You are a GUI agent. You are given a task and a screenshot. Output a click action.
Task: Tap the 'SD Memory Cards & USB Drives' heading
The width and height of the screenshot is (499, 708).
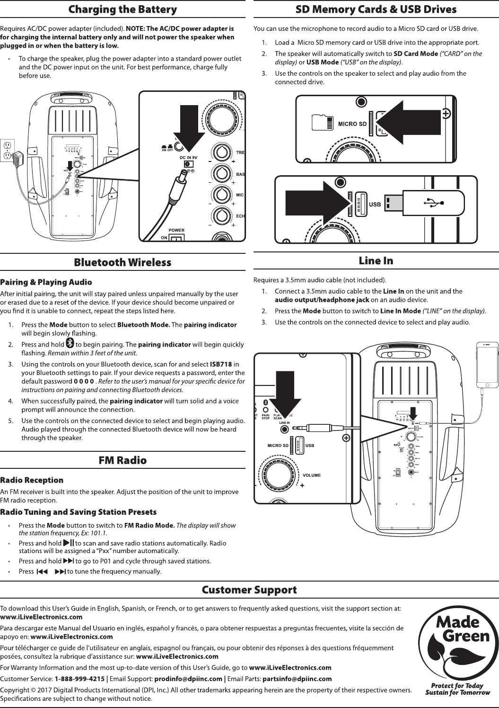pyautogui.click(x=376, y=9)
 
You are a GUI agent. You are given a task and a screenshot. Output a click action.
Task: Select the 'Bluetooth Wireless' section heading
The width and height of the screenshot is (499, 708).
pyautogui.click(x=123, y=262)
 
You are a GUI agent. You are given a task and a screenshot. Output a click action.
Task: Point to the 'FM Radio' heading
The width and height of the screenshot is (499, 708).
pyautogui.click(x=123, y=460)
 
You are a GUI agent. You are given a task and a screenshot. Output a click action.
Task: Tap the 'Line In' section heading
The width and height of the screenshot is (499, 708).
pyautogui.click(x=376, y=260)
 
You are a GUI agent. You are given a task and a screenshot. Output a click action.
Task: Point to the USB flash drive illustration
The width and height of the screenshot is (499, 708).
pyautogui.click(x=424, y=203)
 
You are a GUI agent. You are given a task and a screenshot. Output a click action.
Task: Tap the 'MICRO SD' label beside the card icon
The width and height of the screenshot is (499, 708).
pyautogui.click(x=352, y=124)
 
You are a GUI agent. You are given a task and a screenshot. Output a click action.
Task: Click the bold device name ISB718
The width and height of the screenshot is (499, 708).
pyautogui.click(x=220, y=364)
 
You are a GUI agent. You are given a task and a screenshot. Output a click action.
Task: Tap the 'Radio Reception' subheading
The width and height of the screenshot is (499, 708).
pyautogui.click(x=32, y=481)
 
